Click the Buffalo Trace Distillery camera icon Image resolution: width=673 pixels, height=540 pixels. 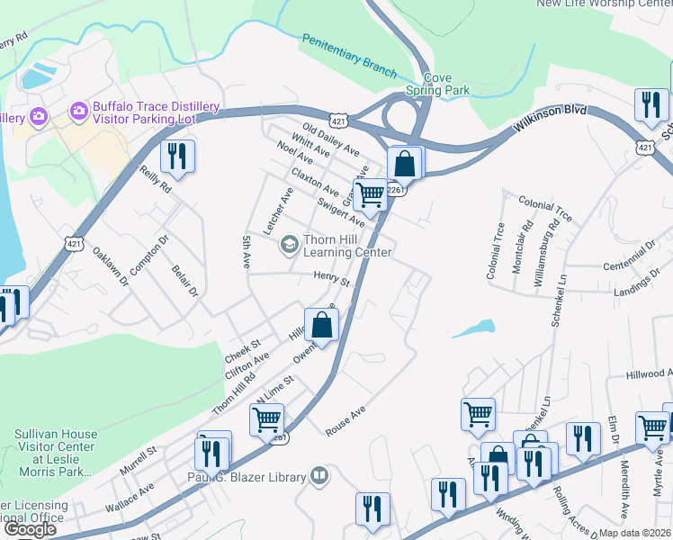(x=78, y=112)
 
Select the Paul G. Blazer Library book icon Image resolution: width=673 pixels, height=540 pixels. (x=319, y=475)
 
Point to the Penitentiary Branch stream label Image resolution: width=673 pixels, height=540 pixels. (x=349, y=53)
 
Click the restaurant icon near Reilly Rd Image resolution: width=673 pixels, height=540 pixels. (x=176, y=157)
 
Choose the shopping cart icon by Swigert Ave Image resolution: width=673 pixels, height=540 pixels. (x=370, y=193)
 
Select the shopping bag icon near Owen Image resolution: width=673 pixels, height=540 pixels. (x=321, y=325)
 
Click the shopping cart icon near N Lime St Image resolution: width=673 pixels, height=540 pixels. (x=266, y=418)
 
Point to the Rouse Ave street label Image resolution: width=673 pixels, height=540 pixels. (x=346, y=421)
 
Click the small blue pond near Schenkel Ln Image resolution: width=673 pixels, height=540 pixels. (x=473, y=328)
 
